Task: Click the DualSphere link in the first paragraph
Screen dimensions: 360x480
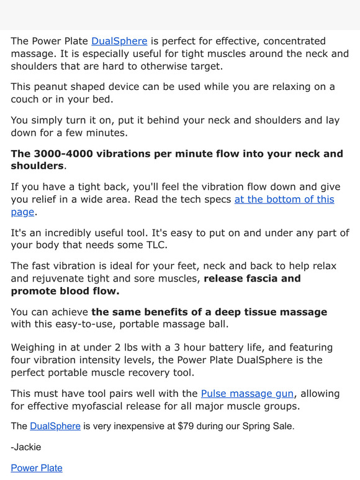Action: click(x=119, y=42)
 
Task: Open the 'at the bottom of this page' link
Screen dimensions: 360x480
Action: click(x=284, y=199)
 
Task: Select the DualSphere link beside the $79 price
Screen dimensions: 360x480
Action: click(x=55, y=426)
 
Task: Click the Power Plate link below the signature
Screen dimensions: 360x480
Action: click(x=37, y=468)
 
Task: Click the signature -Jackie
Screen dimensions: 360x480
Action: click(x=26, y=447)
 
